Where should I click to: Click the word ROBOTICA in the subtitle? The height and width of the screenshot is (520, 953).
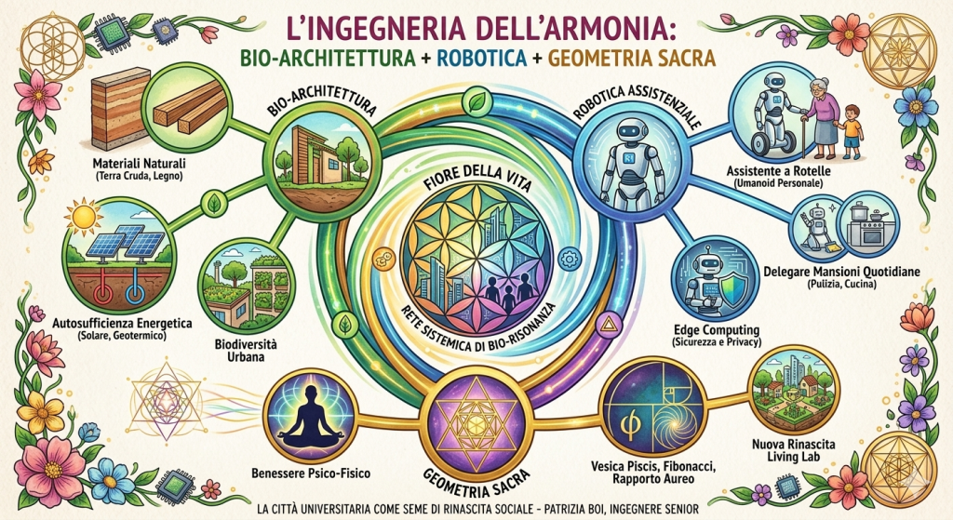pyautogui.click(x=481, y=58)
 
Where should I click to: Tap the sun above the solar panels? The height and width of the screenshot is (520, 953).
pyautogui.click(x=83, y=216)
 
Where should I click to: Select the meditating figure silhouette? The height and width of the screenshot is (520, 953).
pyautogui.click(x=311, y=415)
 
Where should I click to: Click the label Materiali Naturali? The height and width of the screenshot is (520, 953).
pyautogui.click(x=140, y=164)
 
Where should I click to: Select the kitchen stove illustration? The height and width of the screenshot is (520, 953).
pyautogui.click(x=866, y=225)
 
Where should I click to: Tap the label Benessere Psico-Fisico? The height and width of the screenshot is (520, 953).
pyautogui.click(x=311, y=473)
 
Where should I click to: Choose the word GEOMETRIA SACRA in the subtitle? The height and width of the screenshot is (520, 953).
pyautogui.click(x=632, y=58)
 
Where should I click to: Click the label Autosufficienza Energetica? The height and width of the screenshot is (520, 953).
pyautogui.click(x=123, y=323)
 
